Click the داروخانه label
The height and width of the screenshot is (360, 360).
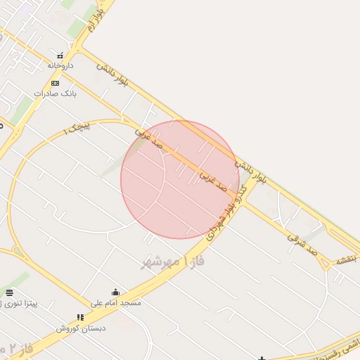point(60,65)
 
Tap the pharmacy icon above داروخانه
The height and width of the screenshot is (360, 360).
point(60,55)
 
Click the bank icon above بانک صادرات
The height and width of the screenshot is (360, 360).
point(55,83)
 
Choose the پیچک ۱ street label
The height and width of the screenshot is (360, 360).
point(78,128)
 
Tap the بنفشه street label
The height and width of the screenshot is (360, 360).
point(346,260)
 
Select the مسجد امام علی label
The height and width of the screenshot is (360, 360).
point(116,302)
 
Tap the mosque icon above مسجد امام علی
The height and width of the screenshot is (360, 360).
point(116,292)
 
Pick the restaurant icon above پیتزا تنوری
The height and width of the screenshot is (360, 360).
point(9,292)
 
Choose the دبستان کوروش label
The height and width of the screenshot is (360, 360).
point(81,328)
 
